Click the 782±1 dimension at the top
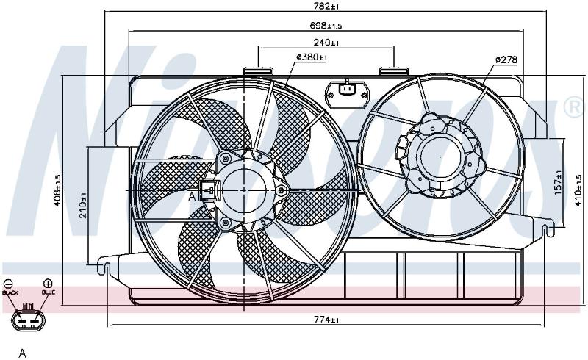coord(327,7)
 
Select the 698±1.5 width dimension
coord(326,26)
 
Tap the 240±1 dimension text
coord(326,43)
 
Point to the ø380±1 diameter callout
coord(312,57)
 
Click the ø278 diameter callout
coord(506,60)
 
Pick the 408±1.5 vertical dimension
coord(57,190)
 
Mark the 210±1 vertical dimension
coord(83,205)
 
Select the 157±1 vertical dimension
coord(559,183)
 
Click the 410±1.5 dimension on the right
coord(578,190)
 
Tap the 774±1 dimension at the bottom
coord(326,320)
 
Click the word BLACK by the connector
coord(10,292)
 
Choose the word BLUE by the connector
coord(49,292)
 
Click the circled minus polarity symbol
coord(8,284)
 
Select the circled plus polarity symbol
coord(48,283)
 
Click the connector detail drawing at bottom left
coord(28,317)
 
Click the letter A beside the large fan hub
coord(192,195)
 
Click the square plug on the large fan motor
coord(210,190)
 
